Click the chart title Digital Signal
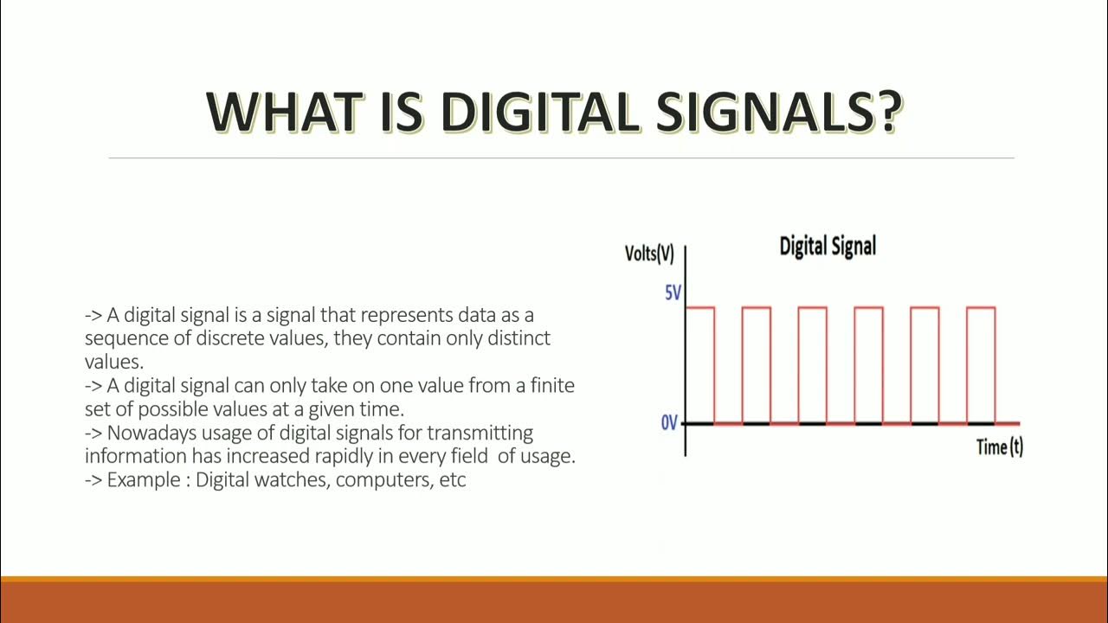[828, 246]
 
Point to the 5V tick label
[673, 293]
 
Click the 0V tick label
[669, 424]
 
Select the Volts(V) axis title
[649, 254]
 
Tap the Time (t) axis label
[999, 447]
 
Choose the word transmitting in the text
[480, 432]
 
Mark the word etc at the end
[453, 479]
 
